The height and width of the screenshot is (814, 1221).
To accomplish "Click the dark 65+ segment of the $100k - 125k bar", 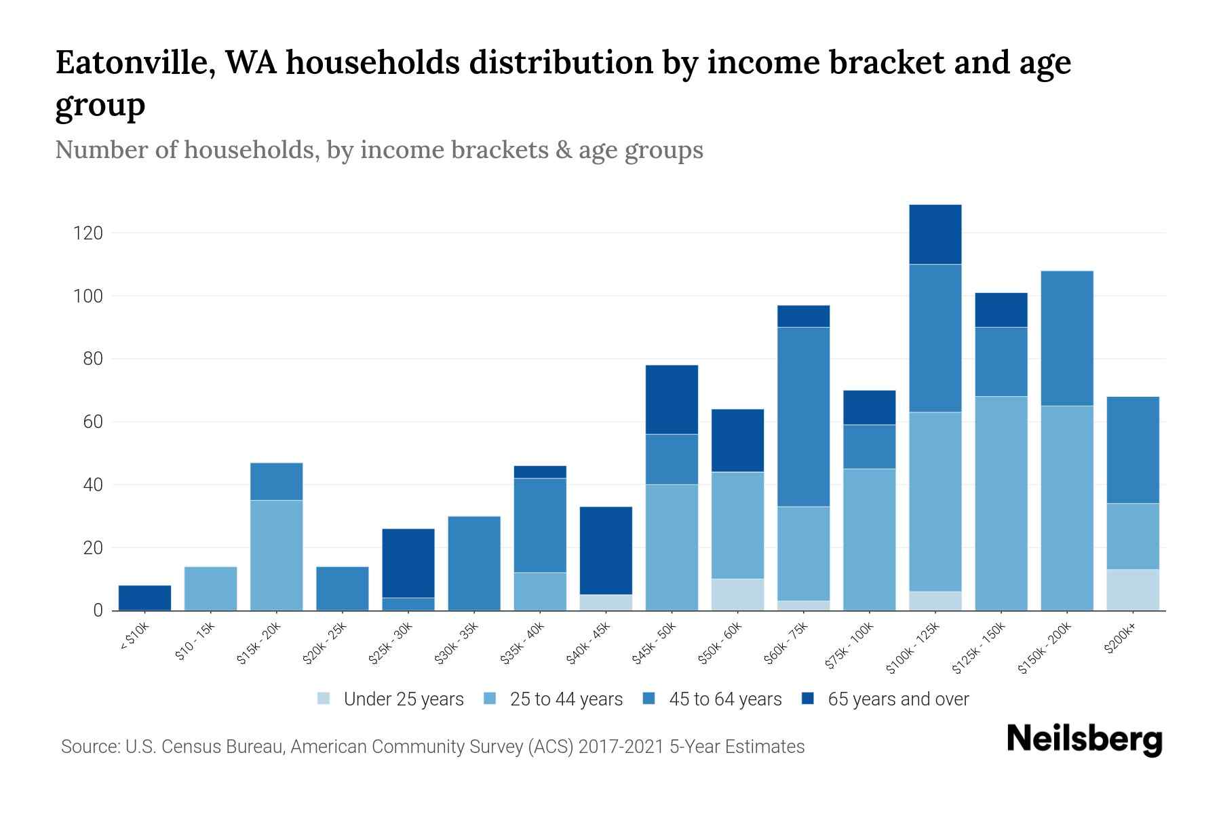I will [935, 234].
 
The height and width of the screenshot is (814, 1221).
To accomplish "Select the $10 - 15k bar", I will [210, 588].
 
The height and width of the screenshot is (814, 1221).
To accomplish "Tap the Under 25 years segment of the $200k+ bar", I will [1132, 589].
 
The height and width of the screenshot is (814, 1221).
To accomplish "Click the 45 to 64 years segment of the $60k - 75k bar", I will [803, 416].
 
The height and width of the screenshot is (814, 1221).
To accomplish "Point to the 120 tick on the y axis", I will [88, 233].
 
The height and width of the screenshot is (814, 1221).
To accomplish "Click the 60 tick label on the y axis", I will [92, 422].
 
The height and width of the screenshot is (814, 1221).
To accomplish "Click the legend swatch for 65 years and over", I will [808, 699].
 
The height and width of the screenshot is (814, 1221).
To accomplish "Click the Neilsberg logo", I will [1084, 739].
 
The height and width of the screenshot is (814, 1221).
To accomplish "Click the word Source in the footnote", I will [89, 747].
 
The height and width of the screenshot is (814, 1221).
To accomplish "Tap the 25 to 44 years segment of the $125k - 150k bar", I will [1001, 503].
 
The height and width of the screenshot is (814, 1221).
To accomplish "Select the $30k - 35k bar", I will [474, 563].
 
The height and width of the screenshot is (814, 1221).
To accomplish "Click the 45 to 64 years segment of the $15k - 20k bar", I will [276, 481].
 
